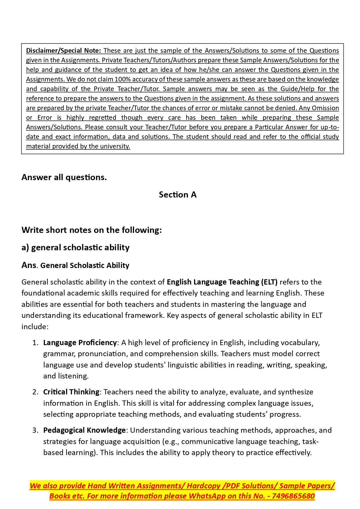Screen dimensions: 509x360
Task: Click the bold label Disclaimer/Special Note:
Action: [x=64, y=50]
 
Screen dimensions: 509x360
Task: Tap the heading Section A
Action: [x=178, y=195]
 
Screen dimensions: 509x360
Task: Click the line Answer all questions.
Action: [x=64, y=177]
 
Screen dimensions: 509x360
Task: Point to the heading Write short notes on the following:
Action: [x=92, y=230]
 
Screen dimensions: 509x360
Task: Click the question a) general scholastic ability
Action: [x=75, y=247]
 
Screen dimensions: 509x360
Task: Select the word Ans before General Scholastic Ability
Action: [x=29, y=265]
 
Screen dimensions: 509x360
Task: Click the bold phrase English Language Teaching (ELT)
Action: [x=222, y=282]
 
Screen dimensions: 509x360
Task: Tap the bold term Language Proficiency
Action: [x=80, y=343]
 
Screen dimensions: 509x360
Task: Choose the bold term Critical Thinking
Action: [x=71, y=392]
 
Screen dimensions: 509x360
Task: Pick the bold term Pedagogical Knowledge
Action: [x=84, y=430]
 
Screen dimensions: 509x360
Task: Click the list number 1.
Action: [x=35, y=343]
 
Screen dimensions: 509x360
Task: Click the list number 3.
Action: [x=35, y=430]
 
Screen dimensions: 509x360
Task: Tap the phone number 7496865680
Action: [x=293, y=496]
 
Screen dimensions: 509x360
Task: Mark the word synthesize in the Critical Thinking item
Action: [x=295, y=392]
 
